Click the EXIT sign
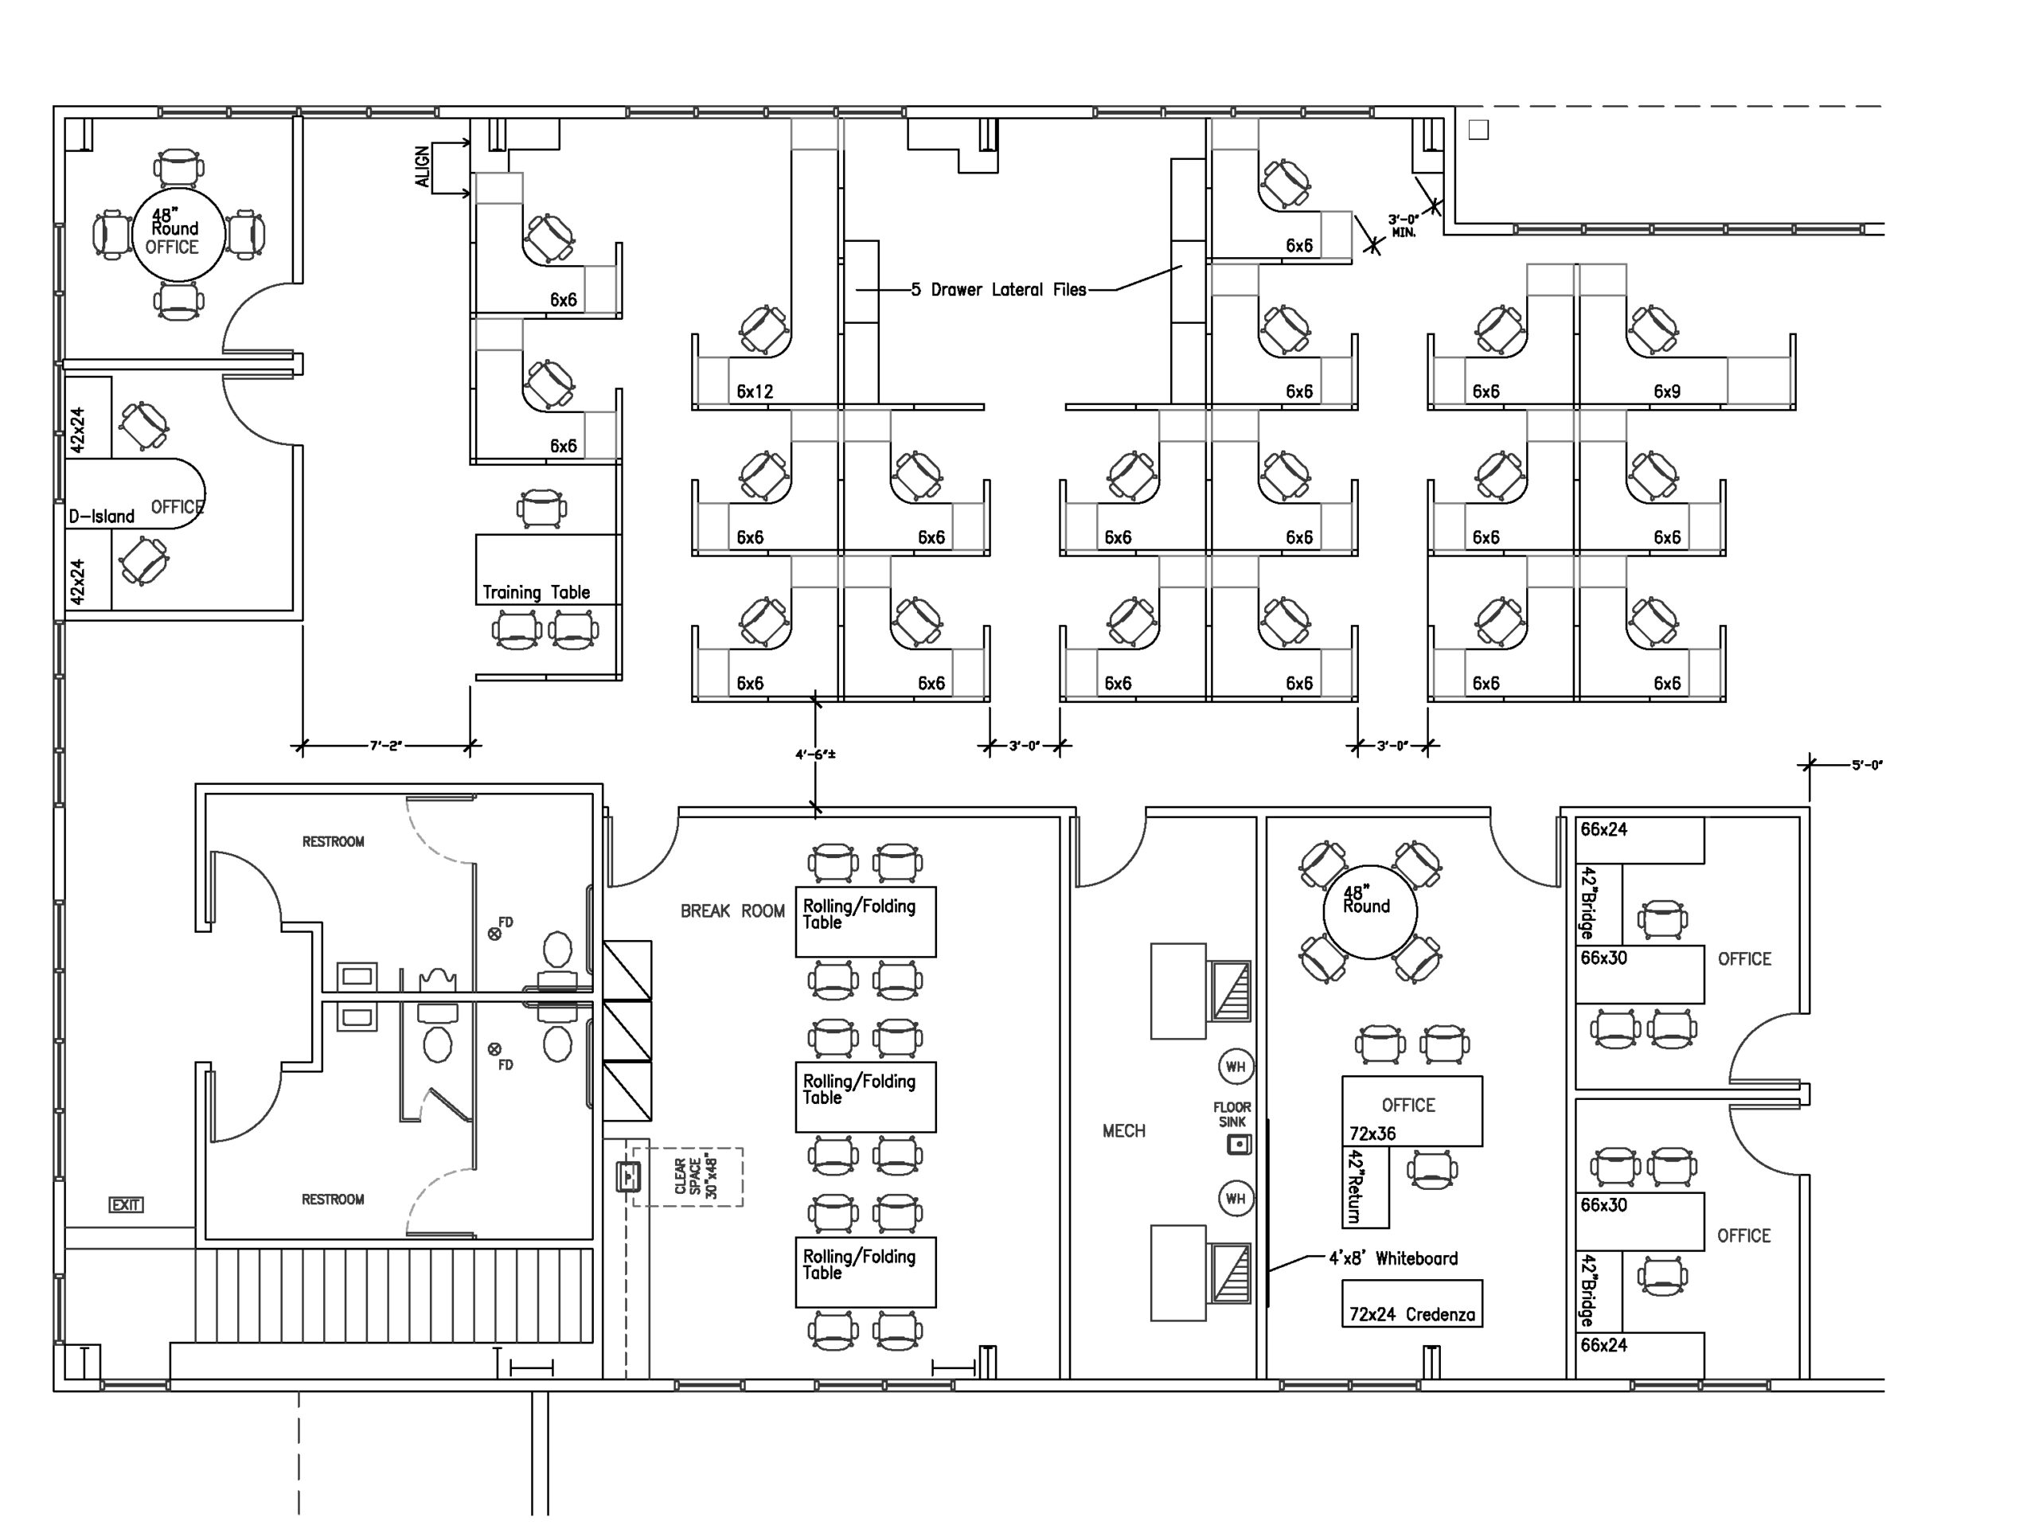coord(127,1205)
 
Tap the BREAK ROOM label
coord(732,911)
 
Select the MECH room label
coord(1124,1130)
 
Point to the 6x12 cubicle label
coord(755,392)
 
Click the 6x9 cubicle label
coord(1667,392)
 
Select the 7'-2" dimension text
coord(386,745)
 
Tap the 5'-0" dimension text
coord(1868,764)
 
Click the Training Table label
coord(537,592)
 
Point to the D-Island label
coord(101,516)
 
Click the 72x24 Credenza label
coord(1411,1314)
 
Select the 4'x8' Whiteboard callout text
coord(1393,1258)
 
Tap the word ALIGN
coord(422,166)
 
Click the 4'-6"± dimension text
coord(815,755)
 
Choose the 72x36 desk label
coord(1372,1134)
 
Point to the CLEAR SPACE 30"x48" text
coord(696,1176)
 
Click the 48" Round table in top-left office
coord(178,234)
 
